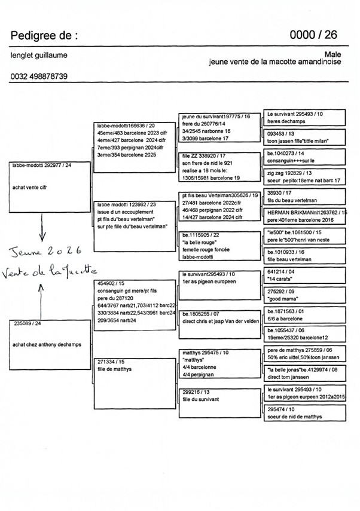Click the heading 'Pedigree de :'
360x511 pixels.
tap(44, 36)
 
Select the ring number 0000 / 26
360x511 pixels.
tap(313, 35)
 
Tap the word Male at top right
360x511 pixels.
tap(332, 54)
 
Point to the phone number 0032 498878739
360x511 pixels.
tap(39, 77)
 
